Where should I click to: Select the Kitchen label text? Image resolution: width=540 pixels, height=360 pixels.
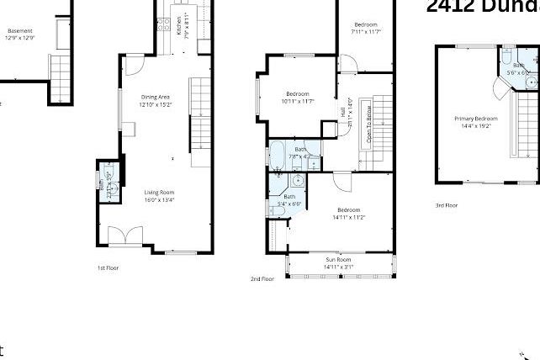point(179,26)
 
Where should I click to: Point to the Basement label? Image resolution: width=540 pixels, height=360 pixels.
point(19,31)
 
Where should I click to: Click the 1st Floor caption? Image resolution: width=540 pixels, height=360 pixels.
point(108,267)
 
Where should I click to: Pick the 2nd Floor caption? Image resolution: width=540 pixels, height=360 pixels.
point(262,278)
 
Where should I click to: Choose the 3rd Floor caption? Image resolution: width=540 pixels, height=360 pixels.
point(446,205)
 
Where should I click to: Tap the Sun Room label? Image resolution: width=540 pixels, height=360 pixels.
point(339,260)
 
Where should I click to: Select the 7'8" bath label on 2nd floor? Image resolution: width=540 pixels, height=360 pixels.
point(300,149)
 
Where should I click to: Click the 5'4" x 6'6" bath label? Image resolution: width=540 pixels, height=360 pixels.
point(289,197)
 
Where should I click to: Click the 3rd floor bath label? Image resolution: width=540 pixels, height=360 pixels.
point(519,65)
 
